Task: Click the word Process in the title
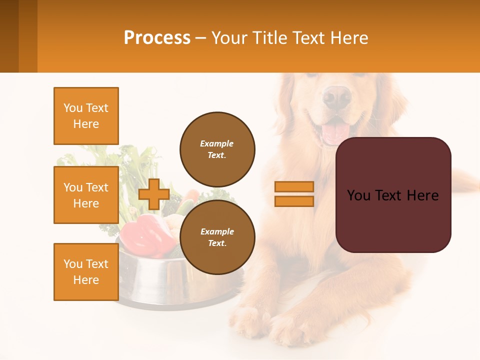(157, 37)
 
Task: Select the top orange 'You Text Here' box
(86, 116)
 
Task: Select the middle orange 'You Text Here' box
(86, 195)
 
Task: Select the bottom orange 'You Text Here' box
(86, 271)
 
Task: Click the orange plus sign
(154, 194)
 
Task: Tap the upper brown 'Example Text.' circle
(217, 149)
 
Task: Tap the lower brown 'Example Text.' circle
(217, 237)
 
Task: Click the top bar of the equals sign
(294, 187)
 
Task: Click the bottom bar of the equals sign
(294, 201)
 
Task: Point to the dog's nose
(336, 96)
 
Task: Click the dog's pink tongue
(335, 132)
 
